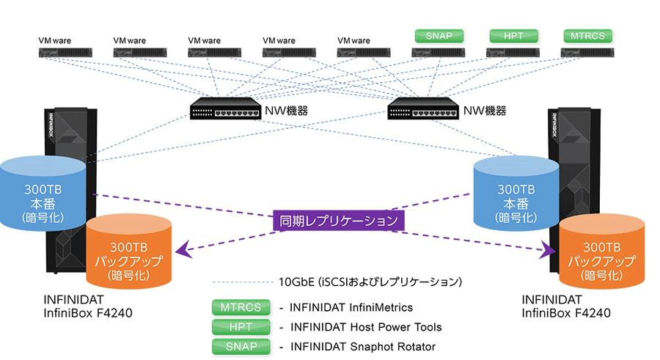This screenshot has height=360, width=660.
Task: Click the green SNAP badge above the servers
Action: point(438,35)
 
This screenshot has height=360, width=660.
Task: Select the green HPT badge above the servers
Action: point(513,35)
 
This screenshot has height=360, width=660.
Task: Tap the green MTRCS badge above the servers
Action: point(587,35)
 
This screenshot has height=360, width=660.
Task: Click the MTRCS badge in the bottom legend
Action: point(236,307)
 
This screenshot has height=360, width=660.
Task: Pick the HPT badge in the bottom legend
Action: point(236,326)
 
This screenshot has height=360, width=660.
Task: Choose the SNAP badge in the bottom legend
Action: point(236,346)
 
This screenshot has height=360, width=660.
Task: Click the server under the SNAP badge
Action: point(438,52)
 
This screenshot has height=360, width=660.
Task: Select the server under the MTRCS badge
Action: point(587,52)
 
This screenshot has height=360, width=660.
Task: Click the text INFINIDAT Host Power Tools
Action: point(366,327)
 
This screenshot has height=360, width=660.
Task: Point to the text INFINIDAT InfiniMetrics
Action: point(351,307)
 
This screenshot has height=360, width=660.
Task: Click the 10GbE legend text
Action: point(370,282)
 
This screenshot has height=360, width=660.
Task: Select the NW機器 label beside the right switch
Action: point(484,111)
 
